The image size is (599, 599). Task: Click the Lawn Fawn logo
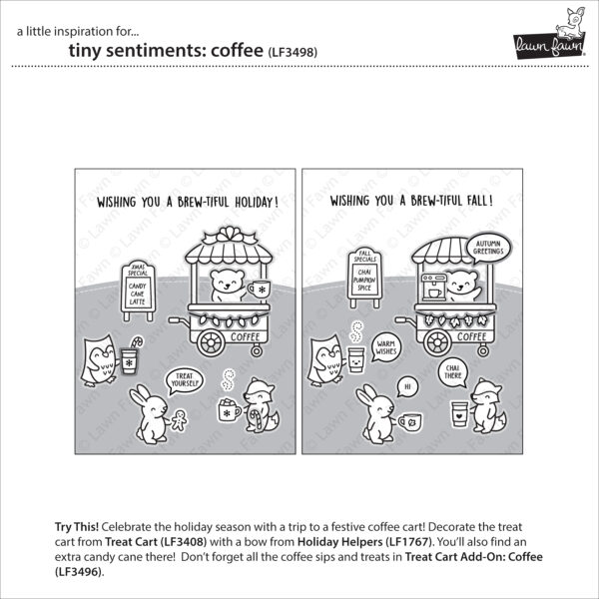[546, 36]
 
